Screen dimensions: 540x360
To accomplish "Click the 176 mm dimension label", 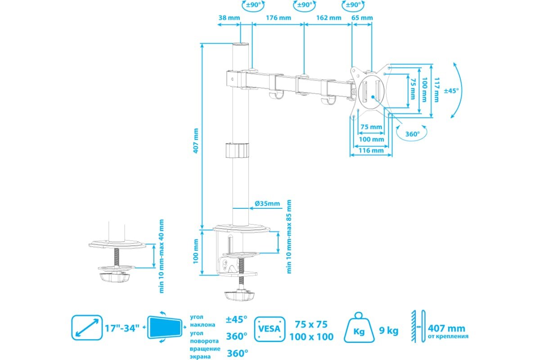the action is tap(279, 18).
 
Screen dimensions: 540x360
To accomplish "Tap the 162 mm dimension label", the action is tap(328, 18).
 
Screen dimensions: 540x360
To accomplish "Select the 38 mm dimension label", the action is tap(229, 18).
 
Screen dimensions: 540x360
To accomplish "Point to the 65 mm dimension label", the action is tap(362, 18).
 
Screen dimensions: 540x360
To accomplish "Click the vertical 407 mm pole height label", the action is tap(196, 140).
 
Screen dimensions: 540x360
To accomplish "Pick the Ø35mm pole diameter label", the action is tap(267, 203).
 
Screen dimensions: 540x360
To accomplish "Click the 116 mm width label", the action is tap(371, 150).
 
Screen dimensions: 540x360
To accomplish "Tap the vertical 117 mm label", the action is tap(436, 90).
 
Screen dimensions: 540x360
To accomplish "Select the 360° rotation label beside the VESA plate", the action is tap(413, 134).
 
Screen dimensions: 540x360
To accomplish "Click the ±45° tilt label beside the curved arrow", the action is tap(451, 90).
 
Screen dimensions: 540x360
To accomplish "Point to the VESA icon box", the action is tap(270, 329).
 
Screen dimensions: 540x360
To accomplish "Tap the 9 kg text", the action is tap(389, 331).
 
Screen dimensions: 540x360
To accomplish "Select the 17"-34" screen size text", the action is tap(122, 328).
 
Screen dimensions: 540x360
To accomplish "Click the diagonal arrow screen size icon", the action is tap(87, 328).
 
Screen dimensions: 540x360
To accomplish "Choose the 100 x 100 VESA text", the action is tap(311, 337).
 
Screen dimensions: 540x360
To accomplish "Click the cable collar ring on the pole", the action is tap(237, 150).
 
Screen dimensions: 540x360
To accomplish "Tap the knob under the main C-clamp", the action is tap(239, 295).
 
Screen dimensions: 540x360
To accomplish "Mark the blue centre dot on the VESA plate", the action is tap(373, 97).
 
